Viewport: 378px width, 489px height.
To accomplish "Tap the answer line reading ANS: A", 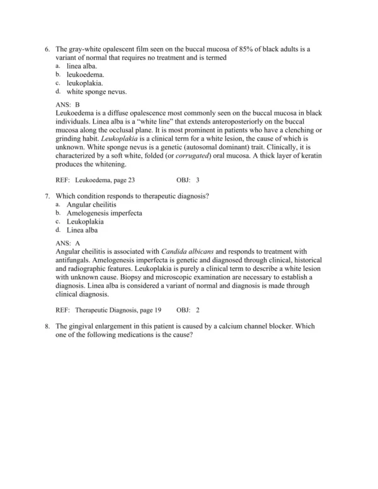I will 68,242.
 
